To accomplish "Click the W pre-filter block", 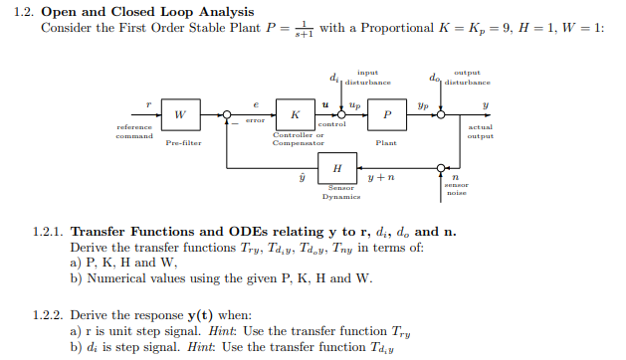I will coord(180,115).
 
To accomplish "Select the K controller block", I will coord(296,115).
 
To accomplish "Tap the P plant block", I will coord(387,115).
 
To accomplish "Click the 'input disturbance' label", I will coord(367,77).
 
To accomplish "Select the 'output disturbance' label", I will coord(466,77).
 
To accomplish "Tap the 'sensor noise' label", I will coord(456,189).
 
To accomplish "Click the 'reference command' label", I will coord(134,131).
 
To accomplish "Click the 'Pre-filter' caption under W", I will coord(180,144).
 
